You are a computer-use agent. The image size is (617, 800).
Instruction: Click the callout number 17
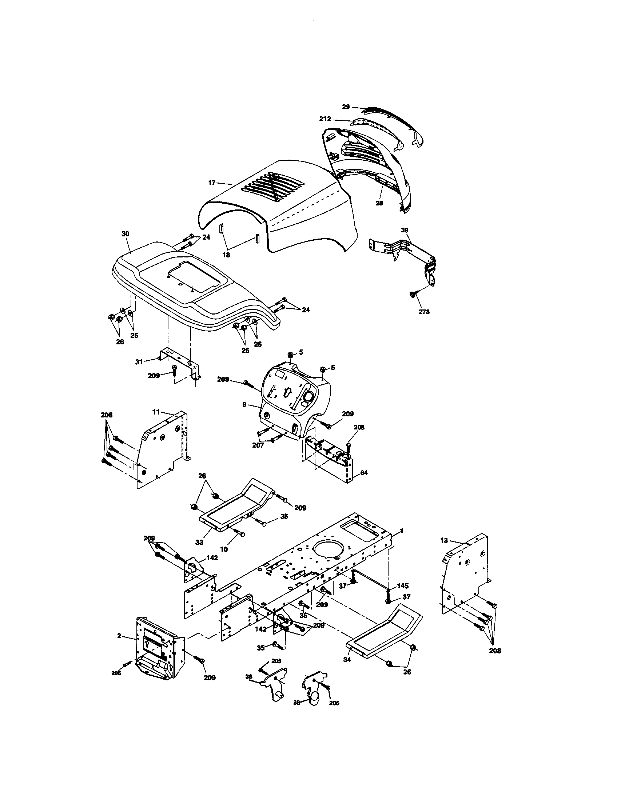point(212,183)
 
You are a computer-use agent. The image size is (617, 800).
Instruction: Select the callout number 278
point(424,312)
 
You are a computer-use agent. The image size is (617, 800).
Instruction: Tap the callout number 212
point(325,119)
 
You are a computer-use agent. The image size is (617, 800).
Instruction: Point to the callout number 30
point(125,234)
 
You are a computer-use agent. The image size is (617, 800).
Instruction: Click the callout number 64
point(363,473)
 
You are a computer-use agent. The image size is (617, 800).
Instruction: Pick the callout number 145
point(402,586)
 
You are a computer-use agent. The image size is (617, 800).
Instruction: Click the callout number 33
point(199,542)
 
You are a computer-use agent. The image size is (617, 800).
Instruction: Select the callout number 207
point(258,445)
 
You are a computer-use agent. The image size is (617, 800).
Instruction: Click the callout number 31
point(139,362)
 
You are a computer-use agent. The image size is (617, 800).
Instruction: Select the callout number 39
point(405,230)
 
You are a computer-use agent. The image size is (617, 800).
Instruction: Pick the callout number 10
point(224,559)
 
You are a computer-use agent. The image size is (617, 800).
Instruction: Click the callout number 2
point(119,636)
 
